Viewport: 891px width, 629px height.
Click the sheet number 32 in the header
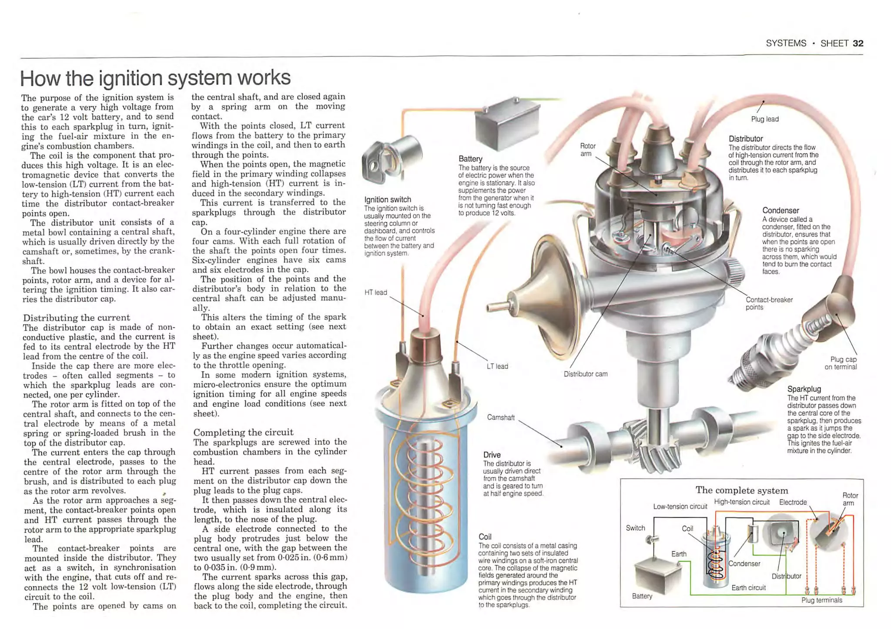click(858, 43)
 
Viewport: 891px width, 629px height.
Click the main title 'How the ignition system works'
click(155, 78)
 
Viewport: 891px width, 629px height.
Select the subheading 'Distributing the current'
click(77, 318)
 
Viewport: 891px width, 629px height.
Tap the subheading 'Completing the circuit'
click(243, 432)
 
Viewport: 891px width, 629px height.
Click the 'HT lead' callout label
click(375, 293)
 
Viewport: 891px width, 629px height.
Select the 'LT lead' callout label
click(497, 366)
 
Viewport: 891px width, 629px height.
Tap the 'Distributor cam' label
click(585, 374)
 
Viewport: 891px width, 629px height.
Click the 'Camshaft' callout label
click(501, 417)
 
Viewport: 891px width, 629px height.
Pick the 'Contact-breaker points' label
click(769, 303)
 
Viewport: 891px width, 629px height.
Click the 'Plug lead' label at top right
click(764, 119)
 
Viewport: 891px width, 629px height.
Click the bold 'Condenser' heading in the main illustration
click(780, 210)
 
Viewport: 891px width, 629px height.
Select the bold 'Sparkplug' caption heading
click(804, 389)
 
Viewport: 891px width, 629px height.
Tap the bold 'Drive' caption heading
click(492, 455)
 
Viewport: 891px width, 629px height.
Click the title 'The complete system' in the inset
click(741, 490)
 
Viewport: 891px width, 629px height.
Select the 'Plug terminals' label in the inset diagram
click(821, 600)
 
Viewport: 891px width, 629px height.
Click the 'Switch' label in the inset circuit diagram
click(635, 528)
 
